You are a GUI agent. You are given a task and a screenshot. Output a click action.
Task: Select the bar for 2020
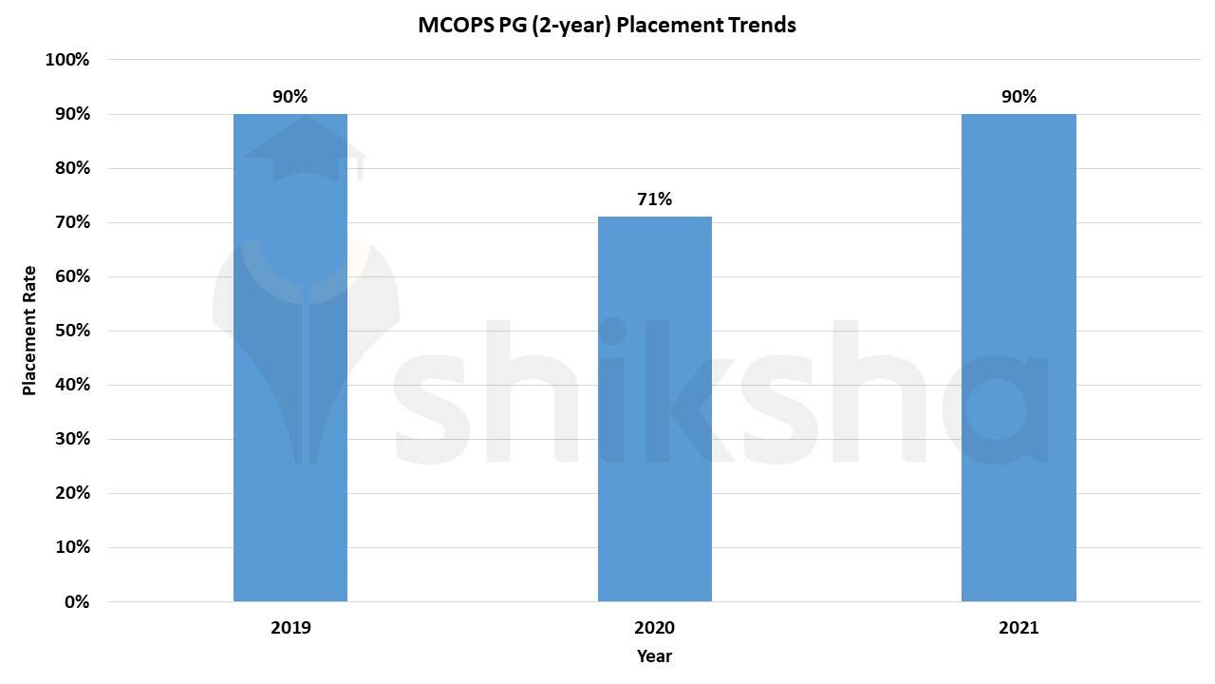pos(654,408)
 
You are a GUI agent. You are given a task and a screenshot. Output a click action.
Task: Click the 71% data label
pos(654,199)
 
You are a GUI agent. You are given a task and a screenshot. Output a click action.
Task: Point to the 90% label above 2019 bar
pos(290,97)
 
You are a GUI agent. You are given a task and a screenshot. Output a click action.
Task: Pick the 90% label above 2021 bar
pos(1019,97)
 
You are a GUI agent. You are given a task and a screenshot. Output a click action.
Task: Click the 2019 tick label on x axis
pos(290,628)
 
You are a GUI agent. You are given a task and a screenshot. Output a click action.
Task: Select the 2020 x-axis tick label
pos(654,628)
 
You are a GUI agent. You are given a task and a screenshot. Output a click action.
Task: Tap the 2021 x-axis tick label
pos(1019,628)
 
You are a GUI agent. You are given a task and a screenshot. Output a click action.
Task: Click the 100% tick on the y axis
pos(67,60)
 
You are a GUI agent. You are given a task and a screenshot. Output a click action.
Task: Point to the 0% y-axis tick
pos(76,602)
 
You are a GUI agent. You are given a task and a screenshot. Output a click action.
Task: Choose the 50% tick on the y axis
pos(71,331)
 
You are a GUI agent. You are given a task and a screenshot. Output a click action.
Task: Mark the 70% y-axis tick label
pos(71,222)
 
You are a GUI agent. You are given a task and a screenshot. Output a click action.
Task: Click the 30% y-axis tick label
pos(71,439)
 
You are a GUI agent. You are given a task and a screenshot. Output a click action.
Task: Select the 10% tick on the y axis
pos(71,548)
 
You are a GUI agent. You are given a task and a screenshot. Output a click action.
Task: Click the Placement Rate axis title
pos(29,331)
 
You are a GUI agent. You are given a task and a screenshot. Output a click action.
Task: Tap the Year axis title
pos(654,656)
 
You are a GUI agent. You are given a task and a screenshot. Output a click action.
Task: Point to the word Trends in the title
pos(761,25)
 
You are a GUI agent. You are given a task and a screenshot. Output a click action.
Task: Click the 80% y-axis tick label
pos(71,168)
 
